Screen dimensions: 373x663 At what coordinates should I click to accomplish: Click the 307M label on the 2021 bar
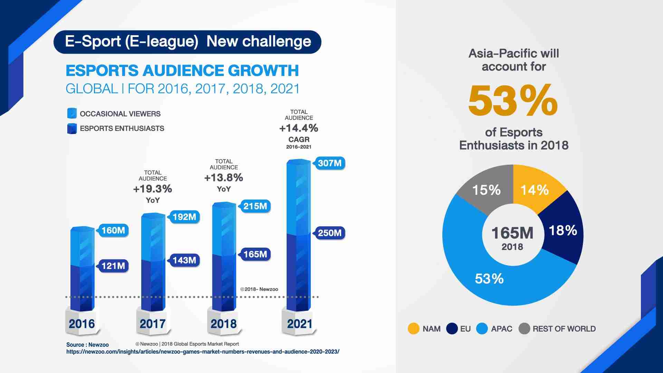[x=329, y=163]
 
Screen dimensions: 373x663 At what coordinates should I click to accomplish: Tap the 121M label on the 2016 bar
[x=113, y=266]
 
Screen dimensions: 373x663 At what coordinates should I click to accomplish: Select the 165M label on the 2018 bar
[x=255, y=255]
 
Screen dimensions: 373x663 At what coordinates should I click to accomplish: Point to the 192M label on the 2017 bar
[x=184, y=217]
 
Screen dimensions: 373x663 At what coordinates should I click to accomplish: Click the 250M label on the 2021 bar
[x=329, y=233]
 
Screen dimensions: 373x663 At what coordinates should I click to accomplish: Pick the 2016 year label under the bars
[x=82, y=324]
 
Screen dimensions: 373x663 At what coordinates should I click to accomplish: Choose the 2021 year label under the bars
[x=299, y=324]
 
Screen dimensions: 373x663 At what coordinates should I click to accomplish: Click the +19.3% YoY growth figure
[x=153, y=189]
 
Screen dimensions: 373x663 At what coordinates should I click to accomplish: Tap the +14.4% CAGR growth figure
[x=299, y=128]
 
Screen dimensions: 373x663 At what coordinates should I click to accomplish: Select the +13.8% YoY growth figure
[x=224, y=178]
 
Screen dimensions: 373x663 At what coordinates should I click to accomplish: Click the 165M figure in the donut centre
[x=512, y=233]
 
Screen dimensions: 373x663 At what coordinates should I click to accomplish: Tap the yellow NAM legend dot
[x=413, y=328]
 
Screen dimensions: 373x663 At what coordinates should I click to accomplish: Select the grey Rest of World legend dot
[x=524, y=328]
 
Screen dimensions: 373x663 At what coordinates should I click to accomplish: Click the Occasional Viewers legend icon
[x=72, y=114]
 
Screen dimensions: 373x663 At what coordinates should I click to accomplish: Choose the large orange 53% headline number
[x=513, y=101]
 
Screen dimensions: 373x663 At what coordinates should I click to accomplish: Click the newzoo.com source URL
[x=203, y=352]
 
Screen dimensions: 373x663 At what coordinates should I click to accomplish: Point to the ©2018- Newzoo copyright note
[x=259, y=289]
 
